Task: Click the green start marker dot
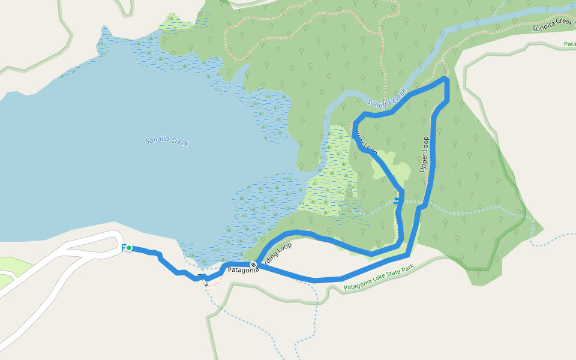[x=128, y=248]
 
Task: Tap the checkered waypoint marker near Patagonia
[x=254, y=264]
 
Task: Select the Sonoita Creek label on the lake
[x=167, y=142]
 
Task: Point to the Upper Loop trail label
[x=424, y=155]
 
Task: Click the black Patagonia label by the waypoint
[x=242, y=270]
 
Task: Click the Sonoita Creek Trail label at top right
[x=553, y=26]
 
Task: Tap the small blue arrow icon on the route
[x=396, y=201]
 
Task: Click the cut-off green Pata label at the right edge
[x=569, y=44]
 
